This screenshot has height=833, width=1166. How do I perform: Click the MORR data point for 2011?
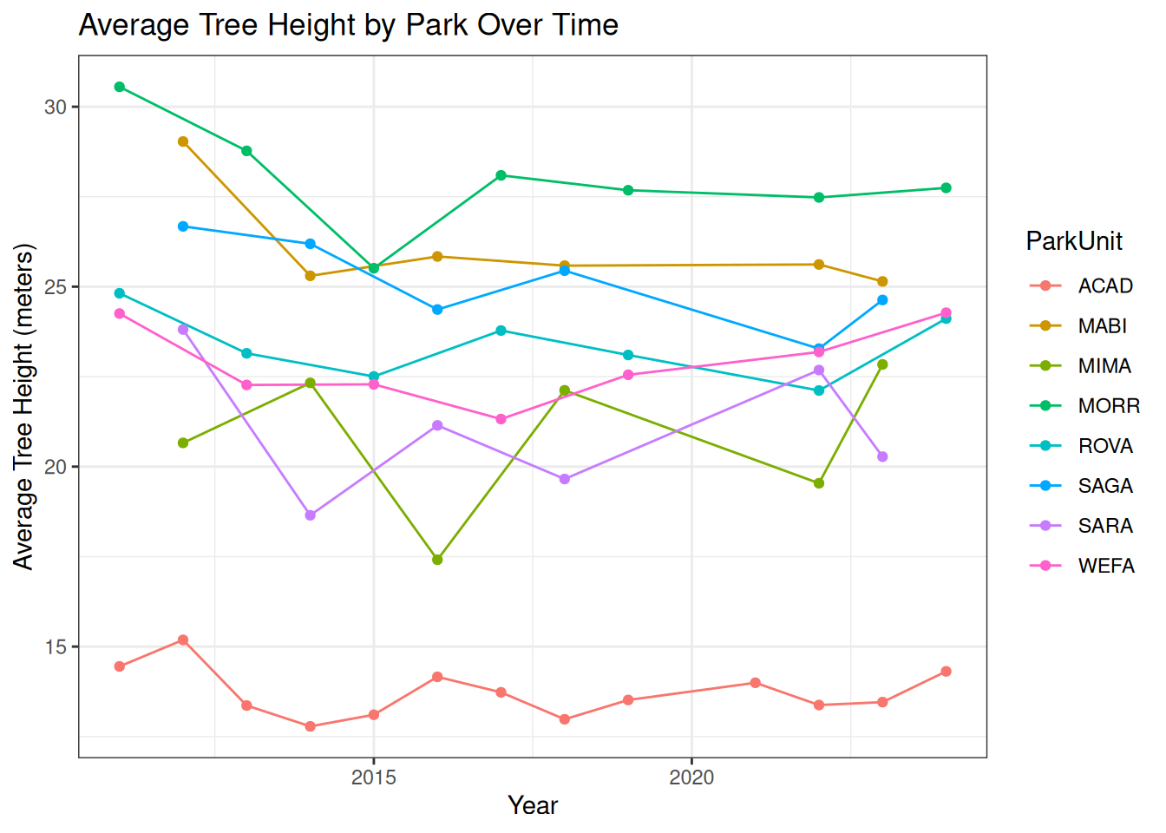[120, 87]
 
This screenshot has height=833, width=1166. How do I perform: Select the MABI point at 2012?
[183, 141]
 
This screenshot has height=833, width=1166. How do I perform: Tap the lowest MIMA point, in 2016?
[437, 560]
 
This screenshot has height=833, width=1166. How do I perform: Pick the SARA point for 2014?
[311, 515]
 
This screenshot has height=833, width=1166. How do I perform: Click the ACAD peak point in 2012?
[183, 640]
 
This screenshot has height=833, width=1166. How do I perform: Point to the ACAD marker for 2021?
[756, 683]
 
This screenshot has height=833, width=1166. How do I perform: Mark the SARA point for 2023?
[882, 456]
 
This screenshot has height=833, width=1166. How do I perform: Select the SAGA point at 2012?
[183, 226]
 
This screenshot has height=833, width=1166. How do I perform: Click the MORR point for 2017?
[501, 175]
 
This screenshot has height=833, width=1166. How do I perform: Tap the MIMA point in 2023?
[882, 364]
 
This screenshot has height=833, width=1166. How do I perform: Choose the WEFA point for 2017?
[501, 419]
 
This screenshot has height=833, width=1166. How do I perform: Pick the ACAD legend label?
[1104, 286]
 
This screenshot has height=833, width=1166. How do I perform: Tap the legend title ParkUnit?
[1074, 241]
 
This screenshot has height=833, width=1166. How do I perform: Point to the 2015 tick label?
[374, 777]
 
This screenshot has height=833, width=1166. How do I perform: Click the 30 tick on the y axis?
[56, 107]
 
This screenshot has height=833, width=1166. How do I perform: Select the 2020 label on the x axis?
[691, 777]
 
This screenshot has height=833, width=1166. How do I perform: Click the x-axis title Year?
[533, 805]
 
